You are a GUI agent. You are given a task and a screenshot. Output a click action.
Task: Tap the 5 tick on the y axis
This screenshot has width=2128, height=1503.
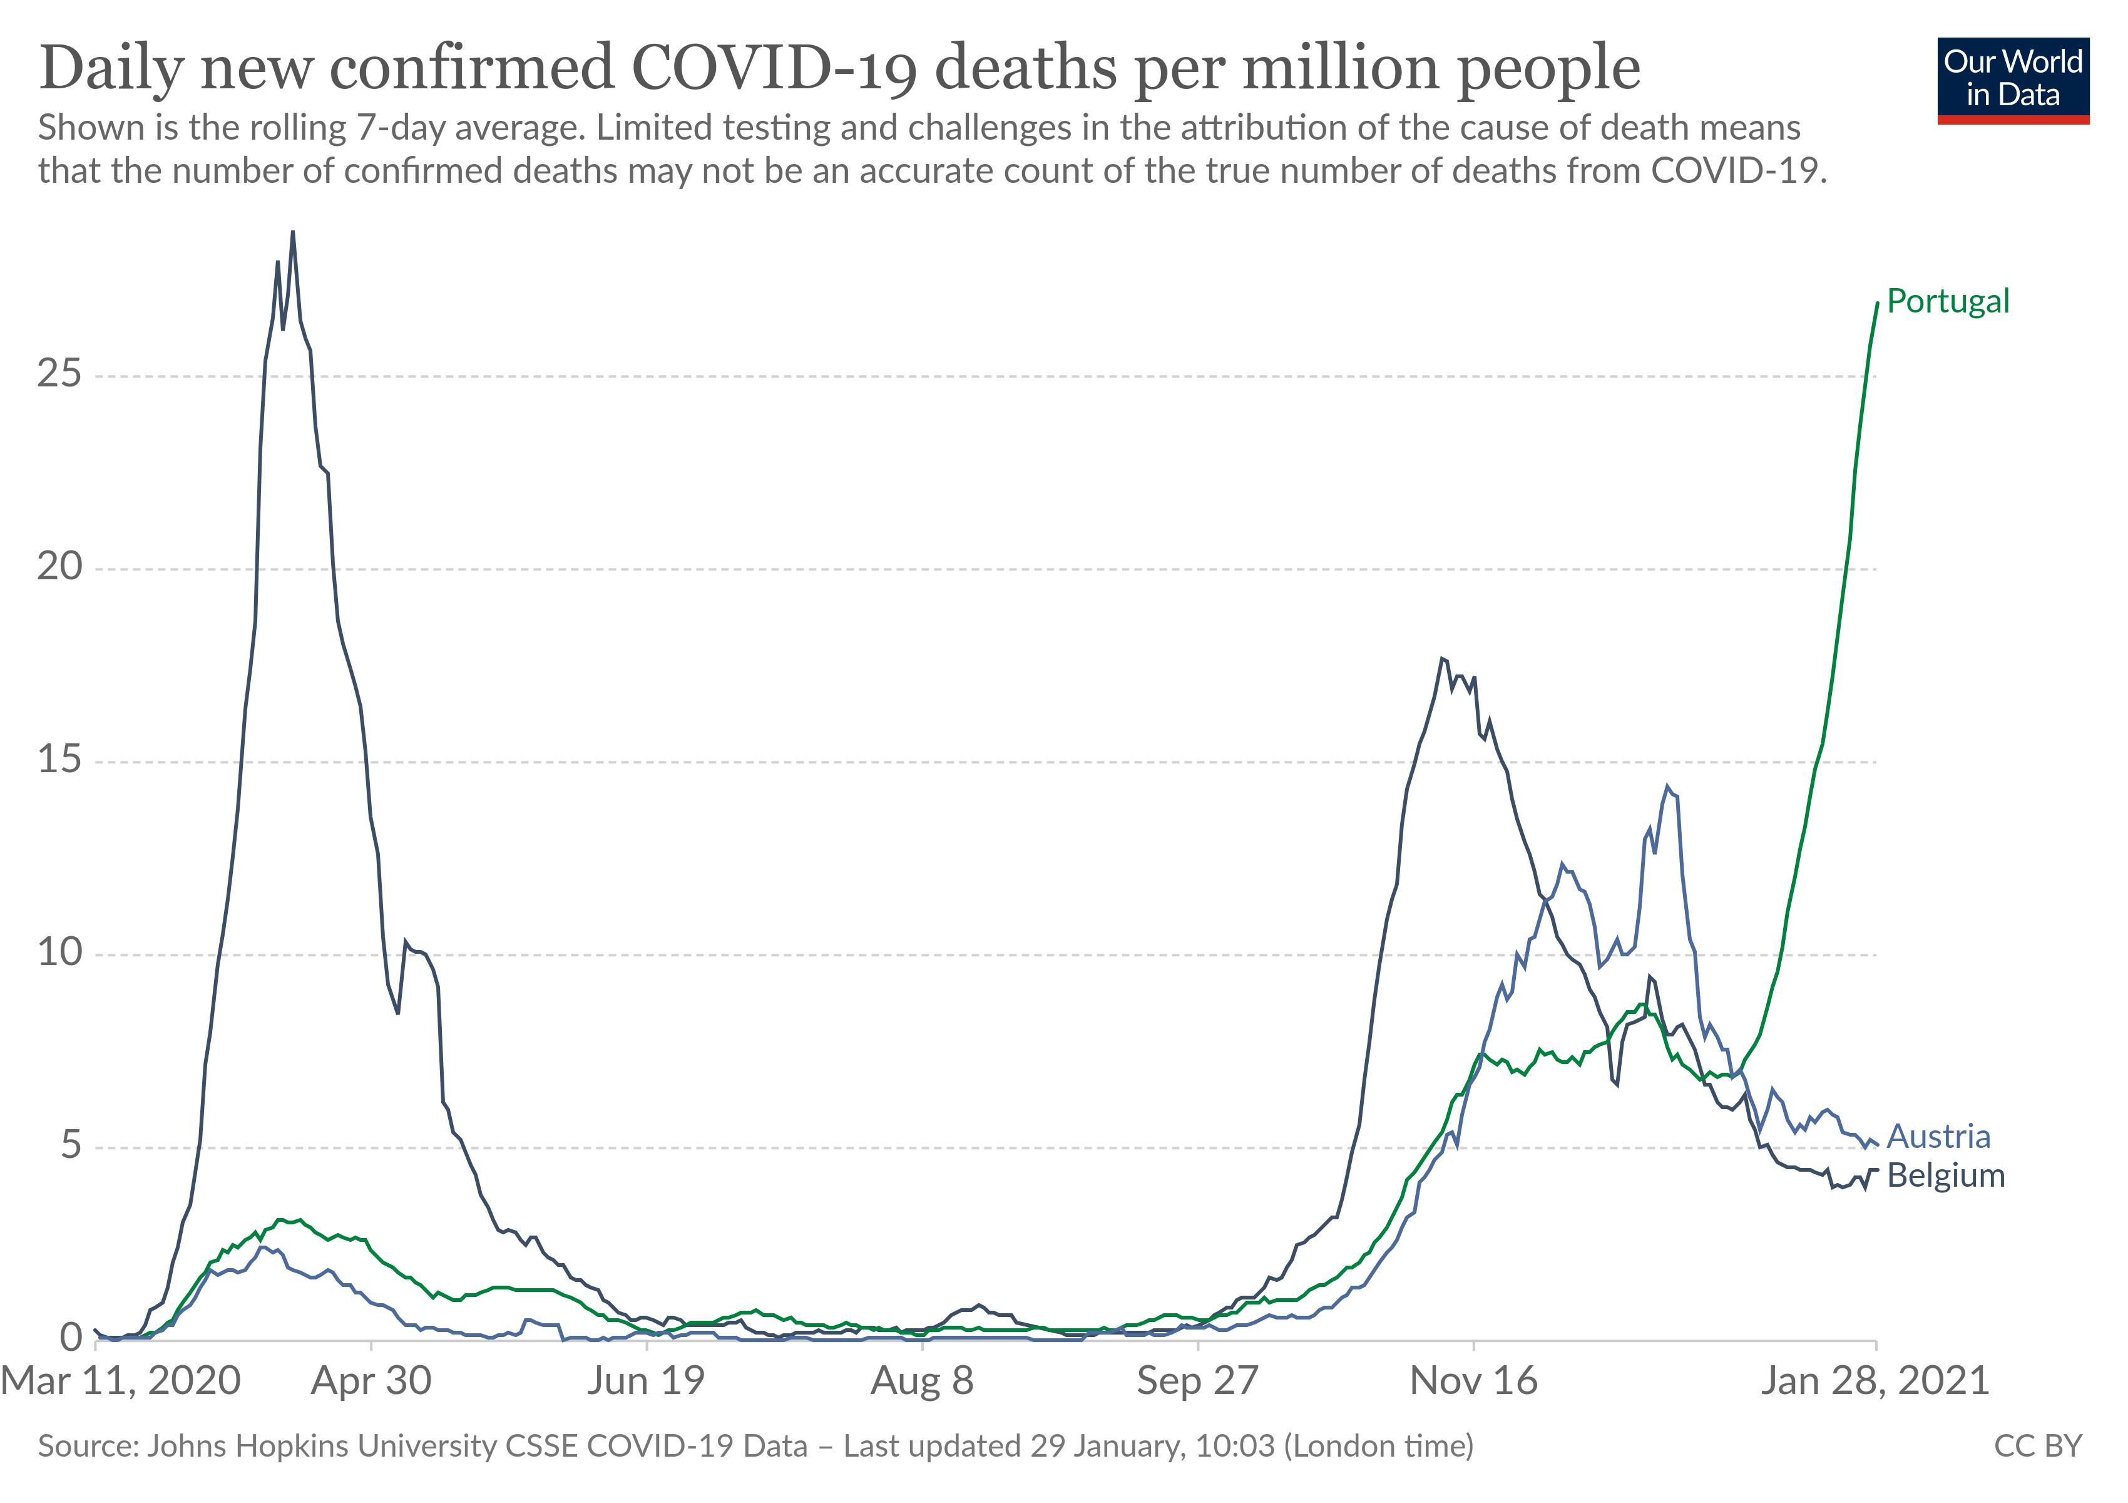click(71, 1146)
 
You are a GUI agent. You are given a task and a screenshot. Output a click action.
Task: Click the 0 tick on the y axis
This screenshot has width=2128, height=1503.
click(71, 1338)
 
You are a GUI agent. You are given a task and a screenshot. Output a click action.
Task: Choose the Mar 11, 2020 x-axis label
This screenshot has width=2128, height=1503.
click(121, 1382)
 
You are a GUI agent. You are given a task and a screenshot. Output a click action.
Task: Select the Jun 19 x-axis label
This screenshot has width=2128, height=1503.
click(646, 1382)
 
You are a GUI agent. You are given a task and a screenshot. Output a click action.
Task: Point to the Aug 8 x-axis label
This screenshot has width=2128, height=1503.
click(922, 1382)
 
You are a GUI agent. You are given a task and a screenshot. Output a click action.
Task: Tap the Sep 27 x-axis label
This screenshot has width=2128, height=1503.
click(1197, 1382)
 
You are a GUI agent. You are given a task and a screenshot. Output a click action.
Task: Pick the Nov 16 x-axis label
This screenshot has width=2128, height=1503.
click(1474, 1382)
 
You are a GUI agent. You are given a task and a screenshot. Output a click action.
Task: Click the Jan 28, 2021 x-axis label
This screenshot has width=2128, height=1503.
click(1875, 1382)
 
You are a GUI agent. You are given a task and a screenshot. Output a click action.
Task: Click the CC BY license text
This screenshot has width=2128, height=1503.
click(2038, 1447)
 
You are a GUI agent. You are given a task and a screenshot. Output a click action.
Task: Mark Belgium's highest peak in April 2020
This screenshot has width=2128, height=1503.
click(293, 232)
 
